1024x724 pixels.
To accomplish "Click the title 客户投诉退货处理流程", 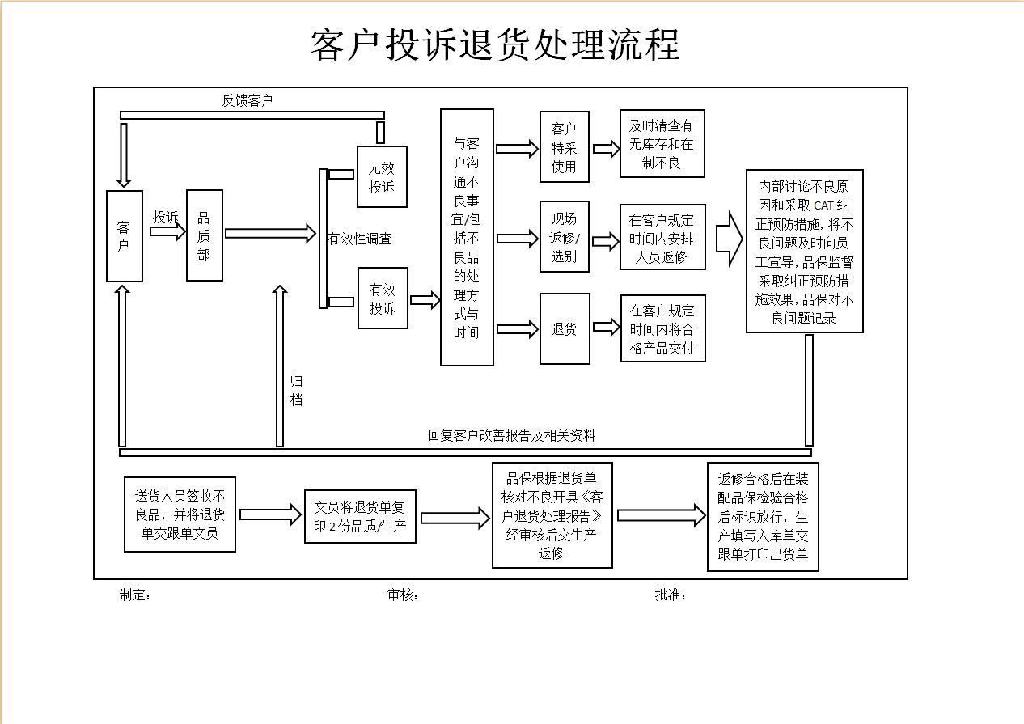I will (x=495, y=45).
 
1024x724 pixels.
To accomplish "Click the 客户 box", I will (x=124, y=236).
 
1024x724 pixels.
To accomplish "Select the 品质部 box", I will (x=204, y=235).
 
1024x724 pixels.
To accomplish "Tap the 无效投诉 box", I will (x=382, y=177).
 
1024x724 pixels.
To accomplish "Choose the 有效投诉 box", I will (x=383, y=298).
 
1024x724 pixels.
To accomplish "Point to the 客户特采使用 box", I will (x=564, y=148).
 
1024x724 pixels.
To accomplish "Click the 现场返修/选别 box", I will (x=564, y=237).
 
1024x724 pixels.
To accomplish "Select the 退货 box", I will (x=564, y=329).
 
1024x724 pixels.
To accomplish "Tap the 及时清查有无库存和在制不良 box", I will (x=662, y=144).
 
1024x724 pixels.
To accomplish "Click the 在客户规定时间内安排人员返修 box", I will (x=662, y=238).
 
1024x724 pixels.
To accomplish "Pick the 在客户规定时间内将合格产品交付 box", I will (x=662, y=330).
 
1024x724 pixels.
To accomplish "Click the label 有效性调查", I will (x=360, y=239).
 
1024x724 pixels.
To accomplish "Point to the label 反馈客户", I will (x=248, y=101).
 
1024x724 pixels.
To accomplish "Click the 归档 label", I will (x=296, y=390).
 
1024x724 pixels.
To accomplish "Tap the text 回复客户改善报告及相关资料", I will (x=511, y=435).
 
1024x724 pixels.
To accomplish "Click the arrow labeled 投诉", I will (x=167, y=232).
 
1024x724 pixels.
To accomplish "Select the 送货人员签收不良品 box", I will (x=180, y=514).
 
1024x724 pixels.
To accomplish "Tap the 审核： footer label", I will (x=403, y=595).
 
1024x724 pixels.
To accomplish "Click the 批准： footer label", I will (x=671, y=595).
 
